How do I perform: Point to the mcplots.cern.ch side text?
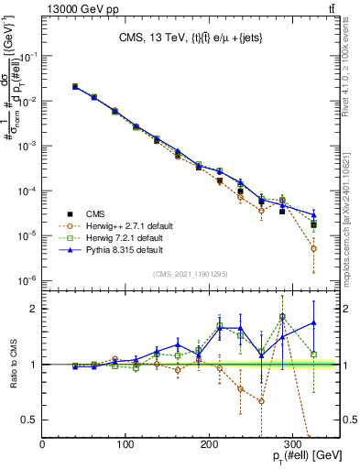coord(353,220)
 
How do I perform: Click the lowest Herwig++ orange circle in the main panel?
coord(313,248)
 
